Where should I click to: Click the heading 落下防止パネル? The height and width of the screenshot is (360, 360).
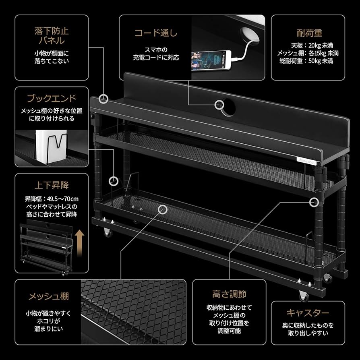[x=52, y=35]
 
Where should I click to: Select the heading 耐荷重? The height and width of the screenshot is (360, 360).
[x=308, y=33]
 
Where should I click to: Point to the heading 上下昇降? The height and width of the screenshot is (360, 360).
[x=52, y=186]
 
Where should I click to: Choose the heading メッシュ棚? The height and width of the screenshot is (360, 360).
[x=48, y=297]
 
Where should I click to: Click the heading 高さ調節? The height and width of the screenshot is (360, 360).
[x=229, y=294]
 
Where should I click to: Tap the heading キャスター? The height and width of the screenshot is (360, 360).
[x=308, y=313]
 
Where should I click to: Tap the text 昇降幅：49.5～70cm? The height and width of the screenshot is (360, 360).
[x=52, y=199]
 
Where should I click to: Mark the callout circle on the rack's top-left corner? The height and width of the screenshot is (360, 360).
[x=104, y=98]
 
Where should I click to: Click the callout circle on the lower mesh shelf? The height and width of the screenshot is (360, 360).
[x=163, y=209]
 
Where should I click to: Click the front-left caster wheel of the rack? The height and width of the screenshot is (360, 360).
[x=108, y=232]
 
